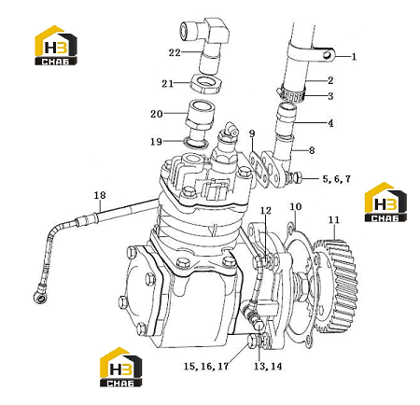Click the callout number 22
175,52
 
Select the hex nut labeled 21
205,83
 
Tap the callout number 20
157,114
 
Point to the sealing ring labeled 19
196,143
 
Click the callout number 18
100,195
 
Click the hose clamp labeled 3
291,94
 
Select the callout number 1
354,57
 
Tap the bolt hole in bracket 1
327,54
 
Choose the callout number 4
330,123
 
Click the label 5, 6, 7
337,179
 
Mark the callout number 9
252,133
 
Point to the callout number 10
296,206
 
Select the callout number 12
266,211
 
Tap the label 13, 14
268,366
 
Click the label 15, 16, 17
206,366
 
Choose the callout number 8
312,150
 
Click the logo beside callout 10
385,202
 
